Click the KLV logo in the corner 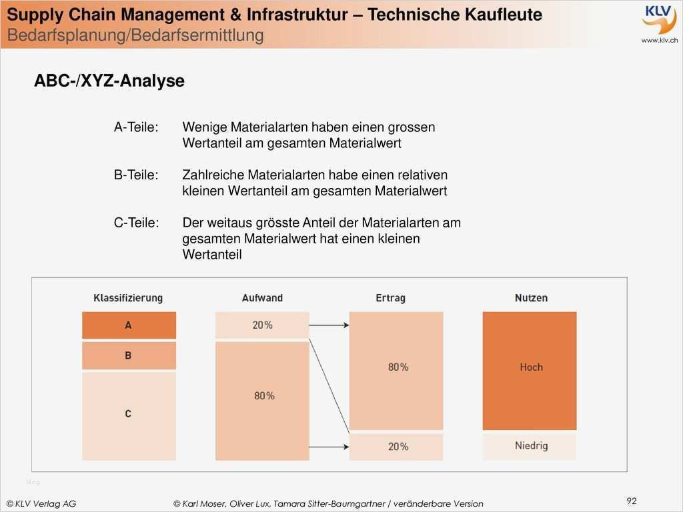[659, 19]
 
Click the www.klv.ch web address [659, 41]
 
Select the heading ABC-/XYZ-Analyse [109, 81]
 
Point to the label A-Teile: [136, 127]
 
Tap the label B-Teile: [136, 175]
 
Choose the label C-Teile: [137, 223]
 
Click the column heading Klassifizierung [128, 298]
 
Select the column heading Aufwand [262, 298]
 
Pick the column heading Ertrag [390, 298]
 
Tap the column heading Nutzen [531, 298]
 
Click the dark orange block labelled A [129, 325]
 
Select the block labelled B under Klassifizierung [129, 356]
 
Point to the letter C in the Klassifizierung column [128, 414]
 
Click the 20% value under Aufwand [262, 325]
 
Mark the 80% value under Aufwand [264, 396]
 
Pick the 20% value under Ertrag [398, 447]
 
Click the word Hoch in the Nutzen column [531, 367]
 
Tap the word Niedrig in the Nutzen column [531, 445]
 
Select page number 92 [632, 501]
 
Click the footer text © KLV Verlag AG [41, 504]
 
